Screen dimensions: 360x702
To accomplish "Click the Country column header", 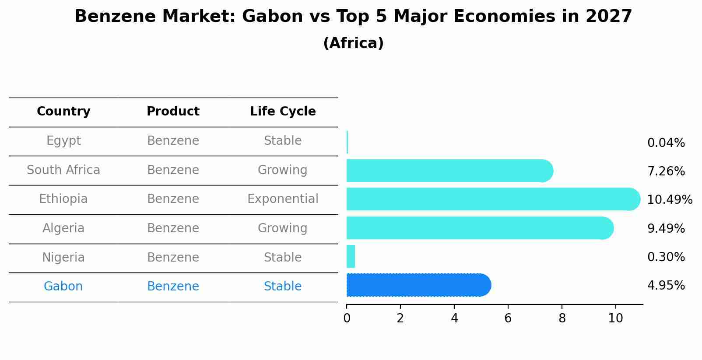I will point(63,112).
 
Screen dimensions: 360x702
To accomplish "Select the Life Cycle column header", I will point(283,112).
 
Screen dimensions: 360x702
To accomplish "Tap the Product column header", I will point(173,112).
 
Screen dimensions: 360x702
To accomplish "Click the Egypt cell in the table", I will point(63,141).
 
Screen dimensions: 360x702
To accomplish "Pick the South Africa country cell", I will point(63,170).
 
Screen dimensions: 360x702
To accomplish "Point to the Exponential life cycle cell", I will point(283,199).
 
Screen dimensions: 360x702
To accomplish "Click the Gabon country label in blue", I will point(63,287).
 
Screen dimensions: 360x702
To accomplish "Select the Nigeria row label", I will point(63,258).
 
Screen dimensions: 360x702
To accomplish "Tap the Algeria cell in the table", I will point(63,228).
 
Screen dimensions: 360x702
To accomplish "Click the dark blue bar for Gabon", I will point(418,285).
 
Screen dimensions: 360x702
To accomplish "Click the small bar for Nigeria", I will point(351,256).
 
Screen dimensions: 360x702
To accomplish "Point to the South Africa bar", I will point(449,171).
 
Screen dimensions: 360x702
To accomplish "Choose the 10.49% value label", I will point(670,200).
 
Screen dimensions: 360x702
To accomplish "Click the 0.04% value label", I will point(666,143).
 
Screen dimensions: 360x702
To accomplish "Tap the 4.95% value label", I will point(666,286).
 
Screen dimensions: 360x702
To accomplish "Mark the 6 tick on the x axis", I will point(508,318).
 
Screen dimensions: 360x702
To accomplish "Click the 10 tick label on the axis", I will point(615,318).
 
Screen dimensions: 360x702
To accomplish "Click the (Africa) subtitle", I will point(353,43).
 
